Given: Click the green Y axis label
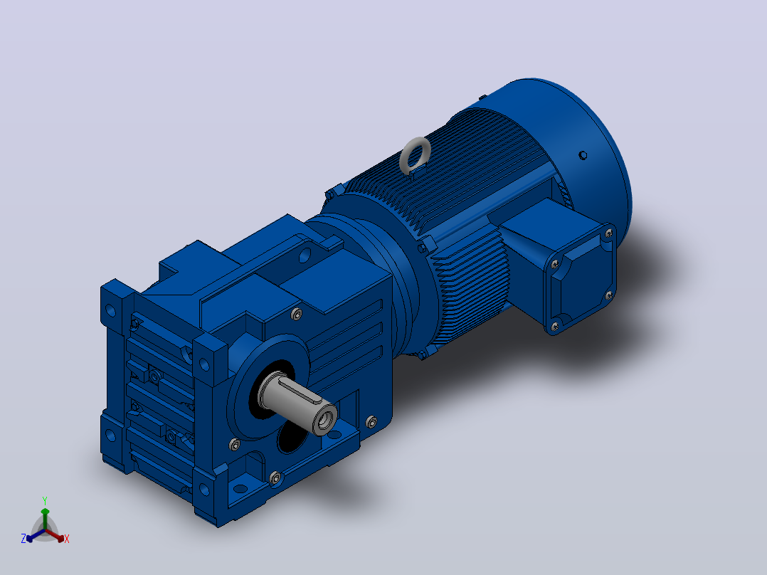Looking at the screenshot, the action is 45,500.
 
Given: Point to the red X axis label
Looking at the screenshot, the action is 67,539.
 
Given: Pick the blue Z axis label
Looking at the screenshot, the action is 23,538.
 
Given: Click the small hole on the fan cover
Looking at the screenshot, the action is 583,155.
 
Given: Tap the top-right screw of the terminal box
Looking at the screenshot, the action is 608,233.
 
